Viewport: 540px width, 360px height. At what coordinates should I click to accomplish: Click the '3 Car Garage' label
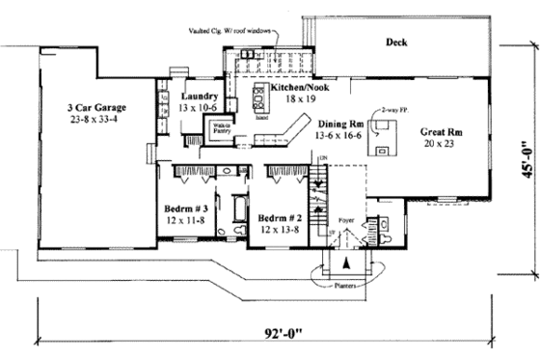pyautogui.click(x=98, y=106)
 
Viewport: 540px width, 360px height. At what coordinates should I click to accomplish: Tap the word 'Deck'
pyautogui.click(x=396, y=42)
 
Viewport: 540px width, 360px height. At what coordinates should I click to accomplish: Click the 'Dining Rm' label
pyautogui.click(x=340, y=125)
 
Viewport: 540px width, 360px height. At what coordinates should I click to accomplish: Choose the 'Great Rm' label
pyautogui.click(x=443, y=131)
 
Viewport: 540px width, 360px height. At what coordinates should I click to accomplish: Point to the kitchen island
pyautogui.click(x=259, y=97)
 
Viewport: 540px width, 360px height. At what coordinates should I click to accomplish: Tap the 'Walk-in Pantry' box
pyautogui.click(x=221, y=128)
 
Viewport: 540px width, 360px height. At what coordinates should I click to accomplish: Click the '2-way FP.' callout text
pyautogui.click(x=396, y=114)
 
